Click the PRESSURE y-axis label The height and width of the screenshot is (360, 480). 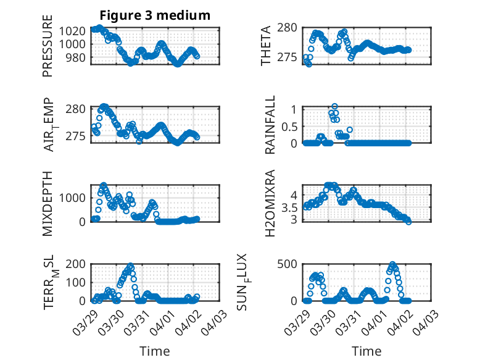tap(48, 51)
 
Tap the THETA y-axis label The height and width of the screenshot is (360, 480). tap(266, 46)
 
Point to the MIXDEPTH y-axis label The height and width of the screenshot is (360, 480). tap(48, 203)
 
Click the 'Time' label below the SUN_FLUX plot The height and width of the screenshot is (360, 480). tap(366, 351)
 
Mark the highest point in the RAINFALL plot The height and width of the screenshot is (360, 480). tap(334, 107)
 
